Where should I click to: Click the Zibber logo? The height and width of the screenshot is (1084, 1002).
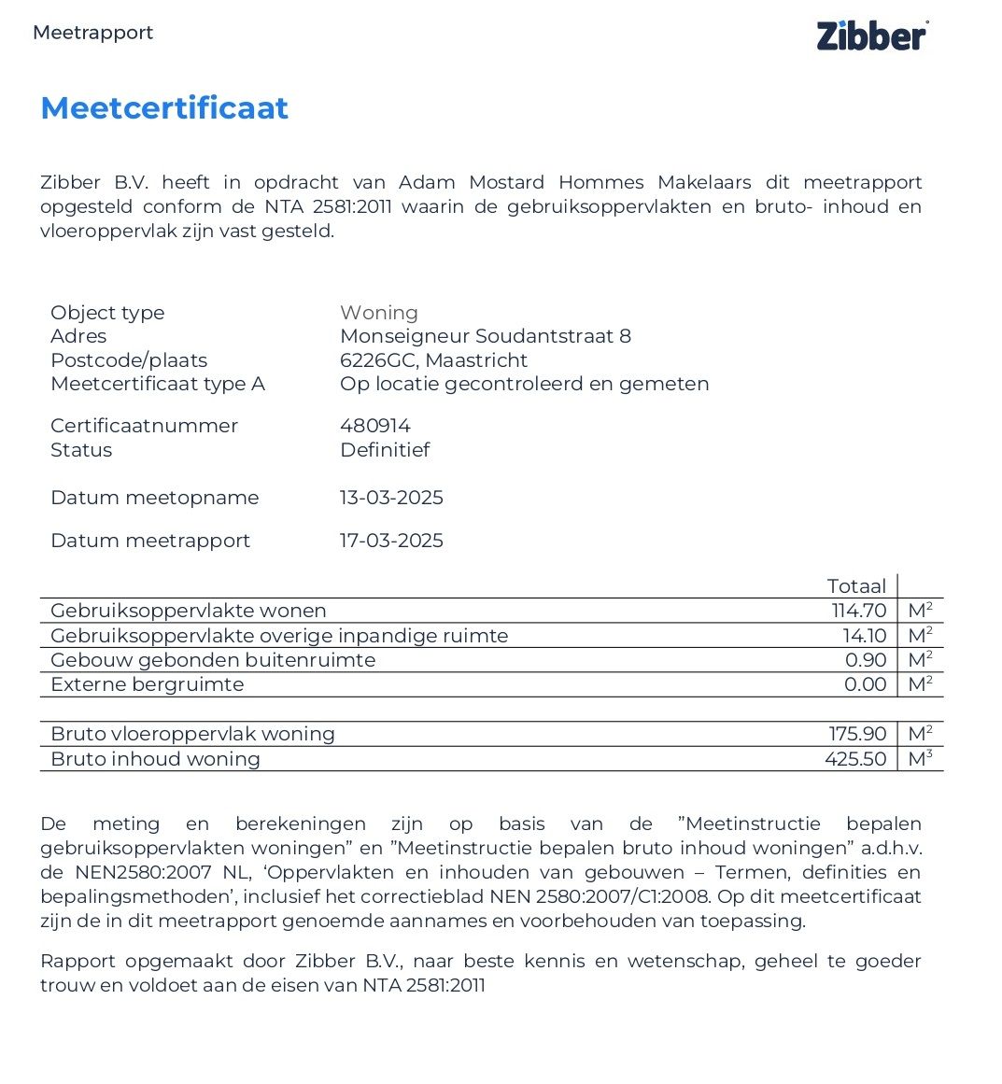click(x=872, y=35)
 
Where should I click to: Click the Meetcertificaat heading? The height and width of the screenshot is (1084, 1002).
click(x=164, y=108)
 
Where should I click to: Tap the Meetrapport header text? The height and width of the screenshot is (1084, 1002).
click(x=92, y=33)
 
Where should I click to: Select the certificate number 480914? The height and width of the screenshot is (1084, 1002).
click(x=375, y=426)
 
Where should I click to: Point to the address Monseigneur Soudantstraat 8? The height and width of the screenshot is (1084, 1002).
click(x=485, y=336)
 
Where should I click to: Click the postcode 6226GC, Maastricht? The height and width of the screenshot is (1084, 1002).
click(x=433, y=360)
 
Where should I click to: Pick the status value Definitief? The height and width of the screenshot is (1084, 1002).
click(x=385, y=450)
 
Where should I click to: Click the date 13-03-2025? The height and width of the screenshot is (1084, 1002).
click(x=391, y=498)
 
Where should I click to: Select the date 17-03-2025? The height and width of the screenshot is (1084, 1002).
click(x=391, y=541)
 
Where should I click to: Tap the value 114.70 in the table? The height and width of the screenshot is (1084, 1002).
click(x=859, y=611)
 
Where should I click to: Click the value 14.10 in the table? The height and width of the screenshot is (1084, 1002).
click(x=864, y=636)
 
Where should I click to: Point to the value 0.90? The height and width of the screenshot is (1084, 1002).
click(x=866, y=660)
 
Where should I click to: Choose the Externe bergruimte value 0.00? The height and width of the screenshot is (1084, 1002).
click(x=865, y=684)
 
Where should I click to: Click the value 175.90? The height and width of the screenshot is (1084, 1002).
click(x=857, y=734)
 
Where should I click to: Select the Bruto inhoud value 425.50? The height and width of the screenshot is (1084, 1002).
click(x=855, y=759)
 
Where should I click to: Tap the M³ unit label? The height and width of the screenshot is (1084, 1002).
click(x=920, y=758)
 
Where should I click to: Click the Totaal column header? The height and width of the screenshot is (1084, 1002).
click(x=856, y=586)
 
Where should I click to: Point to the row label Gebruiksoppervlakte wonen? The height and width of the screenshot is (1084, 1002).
click(x=189, y=611)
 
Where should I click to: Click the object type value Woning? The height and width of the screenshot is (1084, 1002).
click(x=379, y=313)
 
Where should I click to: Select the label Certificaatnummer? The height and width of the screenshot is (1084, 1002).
click(x=144, y=426)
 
